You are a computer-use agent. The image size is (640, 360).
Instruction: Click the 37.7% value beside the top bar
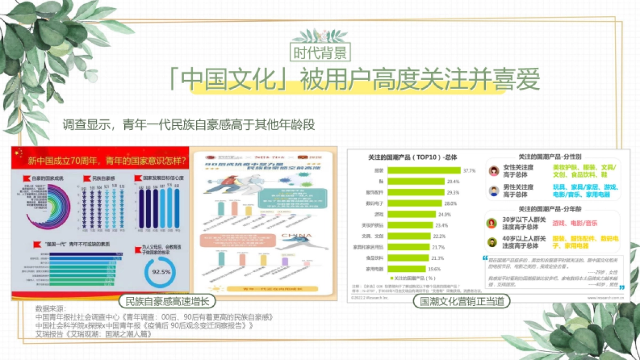(469, 171)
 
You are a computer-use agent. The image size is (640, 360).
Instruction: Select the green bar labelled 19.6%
(407, 269)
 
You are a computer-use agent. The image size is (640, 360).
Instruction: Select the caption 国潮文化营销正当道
(462, 301)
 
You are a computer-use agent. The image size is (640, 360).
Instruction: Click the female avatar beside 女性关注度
(494, 171)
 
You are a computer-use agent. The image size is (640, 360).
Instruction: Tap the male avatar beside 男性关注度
(494, 190)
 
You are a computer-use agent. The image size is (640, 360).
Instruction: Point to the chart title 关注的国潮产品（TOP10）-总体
(412, 157)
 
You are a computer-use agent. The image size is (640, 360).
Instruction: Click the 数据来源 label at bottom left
(50, 309)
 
